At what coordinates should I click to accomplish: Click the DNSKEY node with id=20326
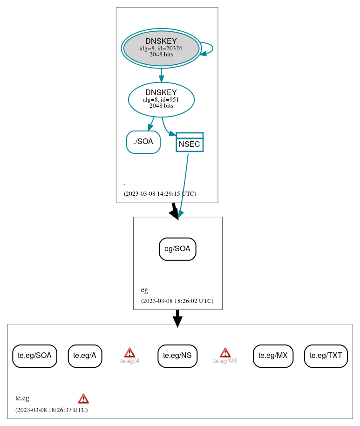coord(161,48)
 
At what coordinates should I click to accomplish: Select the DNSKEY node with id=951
coord(161,99)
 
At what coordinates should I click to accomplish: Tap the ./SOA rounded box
coord(143,142)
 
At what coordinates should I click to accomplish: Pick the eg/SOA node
coord(177,249)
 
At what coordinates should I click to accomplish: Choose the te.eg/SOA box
coord(34,356)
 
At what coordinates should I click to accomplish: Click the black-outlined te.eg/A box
coord(85,356)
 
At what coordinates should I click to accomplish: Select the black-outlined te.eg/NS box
coord(177,356)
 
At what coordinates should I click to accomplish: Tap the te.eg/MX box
coord(273,356)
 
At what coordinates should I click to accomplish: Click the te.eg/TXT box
coord(326,356)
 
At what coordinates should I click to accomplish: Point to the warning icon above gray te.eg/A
coord(129,352)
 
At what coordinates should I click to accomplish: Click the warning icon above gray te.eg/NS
coord(225,352)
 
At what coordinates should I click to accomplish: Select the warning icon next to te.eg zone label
coord(83,399)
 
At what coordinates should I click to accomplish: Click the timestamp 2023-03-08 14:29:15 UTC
coord(160,194)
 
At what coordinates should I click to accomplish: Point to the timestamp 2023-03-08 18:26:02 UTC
coord(177,301)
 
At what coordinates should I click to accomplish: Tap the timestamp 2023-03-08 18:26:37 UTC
coord(51,410)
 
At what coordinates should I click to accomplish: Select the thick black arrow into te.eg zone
coord(177,318)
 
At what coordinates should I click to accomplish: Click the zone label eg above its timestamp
coord(144,290)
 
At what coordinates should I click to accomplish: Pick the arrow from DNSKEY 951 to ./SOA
coord(151,124)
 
